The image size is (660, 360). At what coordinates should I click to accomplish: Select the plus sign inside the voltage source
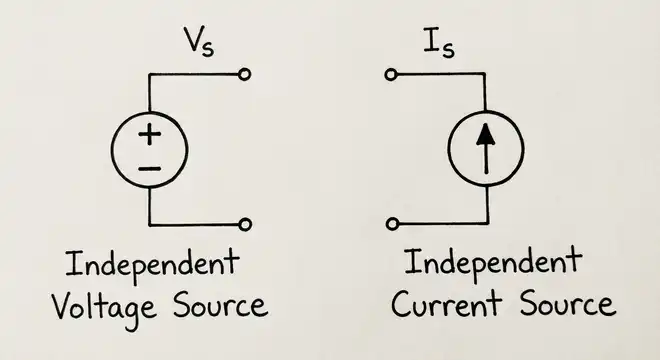148,135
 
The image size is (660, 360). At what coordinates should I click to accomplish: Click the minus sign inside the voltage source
148,167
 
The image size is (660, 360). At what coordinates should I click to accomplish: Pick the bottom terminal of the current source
393,224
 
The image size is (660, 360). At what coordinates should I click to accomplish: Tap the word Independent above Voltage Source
151,265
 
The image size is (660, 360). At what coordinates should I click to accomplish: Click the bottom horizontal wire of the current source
440,224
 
